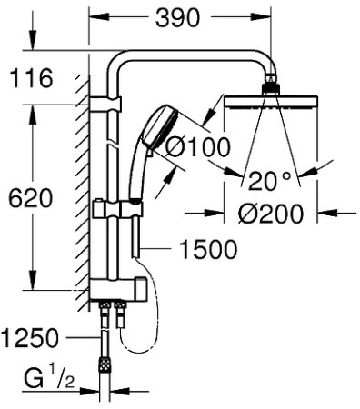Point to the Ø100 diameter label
(195, 145)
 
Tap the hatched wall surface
(83, 182)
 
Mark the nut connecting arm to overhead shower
(270, 88)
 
